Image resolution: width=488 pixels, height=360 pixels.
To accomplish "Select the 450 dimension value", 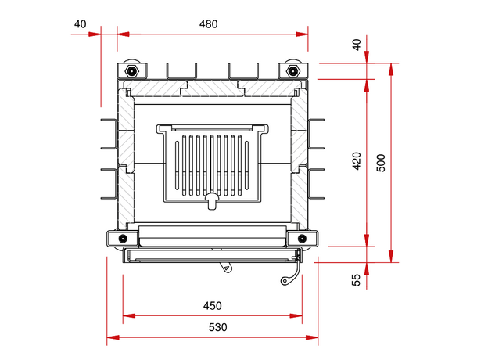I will [212, 306].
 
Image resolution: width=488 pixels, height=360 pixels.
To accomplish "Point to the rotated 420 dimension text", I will [357, 161].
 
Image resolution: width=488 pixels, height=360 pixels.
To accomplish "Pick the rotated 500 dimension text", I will [381, 163].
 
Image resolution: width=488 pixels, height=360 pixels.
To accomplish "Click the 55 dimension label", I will [357, 280].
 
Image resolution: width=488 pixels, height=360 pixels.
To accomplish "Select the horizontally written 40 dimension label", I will [81, 23].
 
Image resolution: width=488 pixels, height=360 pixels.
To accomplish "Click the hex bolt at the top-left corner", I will [131, 71].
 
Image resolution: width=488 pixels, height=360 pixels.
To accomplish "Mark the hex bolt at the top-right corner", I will [293, 71].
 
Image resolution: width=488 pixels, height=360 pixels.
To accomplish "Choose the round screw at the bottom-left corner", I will [121, 238].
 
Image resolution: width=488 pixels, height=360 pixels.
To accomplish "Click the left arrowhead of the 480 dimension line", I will [123, 34].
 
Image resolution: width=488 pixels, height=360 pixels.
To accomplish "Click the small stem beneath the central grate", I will [211, 203].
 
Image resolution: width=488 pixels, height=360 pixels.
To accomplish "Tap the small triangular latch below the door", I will [227, 268].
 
